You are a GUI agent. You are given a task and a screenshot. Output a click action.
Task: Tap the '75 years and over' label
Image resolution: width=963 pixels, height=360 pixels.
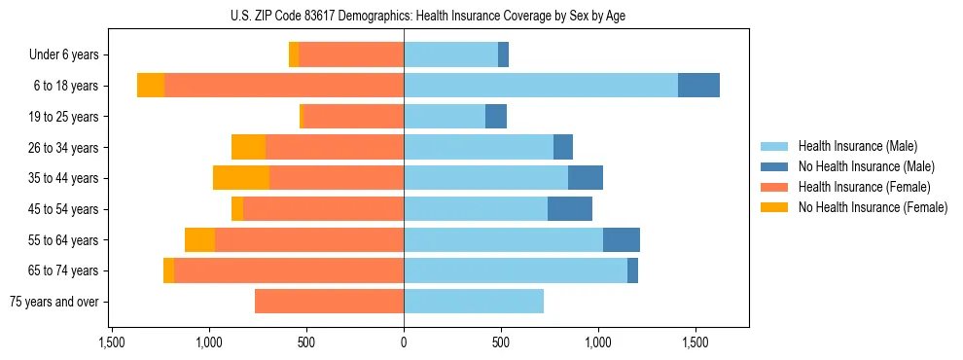53,302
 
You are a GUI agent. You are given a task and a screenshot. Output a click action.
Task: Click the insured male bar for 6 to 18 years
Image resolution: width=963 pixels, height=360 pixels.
541,86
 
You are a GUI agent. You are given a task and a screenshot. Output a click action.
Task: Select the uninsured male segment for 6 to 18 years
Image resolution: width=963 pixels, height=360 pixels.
698,86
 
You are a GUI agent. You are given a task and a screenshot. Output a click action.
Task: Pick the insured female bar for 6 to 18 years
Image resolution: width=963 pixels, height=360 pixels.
284,86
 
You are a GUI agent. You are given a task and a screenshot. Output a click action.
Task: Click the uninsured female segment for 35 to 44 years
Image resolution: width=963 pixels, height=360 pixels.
241,178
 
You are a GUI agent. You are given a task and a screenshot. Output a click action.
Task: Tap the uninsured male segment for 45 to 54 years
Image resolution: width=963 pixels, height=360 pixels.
570,209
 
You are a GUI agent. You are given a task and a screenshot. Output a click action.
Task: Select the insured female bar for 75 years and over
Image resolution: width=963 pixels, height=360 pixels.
329,302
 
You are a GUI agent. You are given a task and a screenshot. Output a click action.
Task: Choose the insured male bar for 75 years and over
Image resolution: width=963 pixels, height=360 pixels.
474,302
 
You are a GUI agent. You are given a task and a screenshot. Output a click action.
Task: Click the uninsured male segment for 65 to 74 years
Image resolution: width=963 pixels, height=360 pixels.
632,270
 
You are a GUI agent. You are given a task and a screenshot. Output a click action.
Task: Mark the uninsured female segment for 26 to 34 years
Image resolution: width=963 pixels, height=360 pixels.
248,147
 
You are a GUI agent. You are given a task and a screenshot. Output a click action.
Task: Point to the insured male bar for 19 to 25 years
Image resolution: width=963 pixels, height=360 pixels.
445,117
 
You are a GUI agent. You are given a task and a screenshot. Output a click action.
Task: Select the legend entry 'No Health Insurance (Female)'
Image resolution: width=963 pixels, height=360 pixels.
873,207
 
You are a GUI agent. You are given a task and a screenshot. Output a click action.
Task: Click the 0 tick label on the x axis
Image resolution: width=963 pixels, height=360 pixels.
404,343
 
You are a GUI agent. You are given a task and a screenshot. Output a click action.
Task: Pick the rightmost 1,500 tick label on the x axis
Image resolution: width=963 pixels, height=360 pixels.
695,343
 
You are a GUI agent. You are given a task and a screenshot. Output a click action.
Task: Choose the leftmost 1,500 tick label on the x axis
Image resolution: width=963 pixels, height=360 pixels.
112,343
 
